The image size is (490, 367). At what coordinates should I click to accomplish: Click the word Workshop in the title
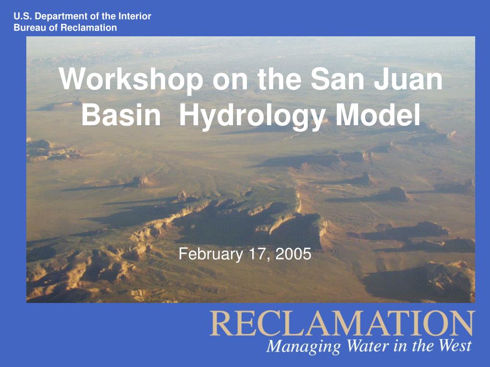(x=131, y=80)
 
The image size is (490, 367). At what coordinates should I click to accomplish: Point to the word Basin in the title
(x=121, y=115)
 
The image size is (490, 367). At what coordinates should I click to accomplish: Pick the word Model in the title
(x=378, y=114)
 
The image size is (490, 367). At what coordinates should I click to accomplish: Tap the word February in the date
(x=211, y=255)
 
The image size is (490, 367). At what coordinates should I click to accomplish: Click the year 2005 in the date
(x=293, y=254)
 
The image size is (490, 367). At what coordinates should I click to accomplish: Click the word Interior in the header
(x=134, y=16)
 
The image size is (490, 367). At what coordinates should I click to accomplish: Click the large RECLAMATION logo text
(x=343, y=324)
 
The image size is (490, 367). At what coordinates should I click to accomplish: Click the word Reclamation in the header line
(x=89, y=27)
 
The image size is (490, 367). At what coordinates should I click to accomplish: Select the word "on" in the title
(x=230, y=82)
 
